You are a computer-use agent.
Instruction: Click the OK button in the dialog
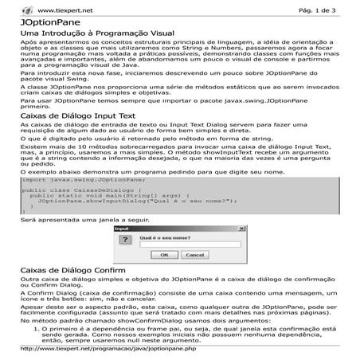click(x=163, y=254)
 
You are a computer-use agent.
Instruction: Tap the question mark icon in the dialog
click(x=127, y=240)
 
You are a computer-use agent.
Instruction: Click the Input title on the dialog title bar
click(x=122, y=228)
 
